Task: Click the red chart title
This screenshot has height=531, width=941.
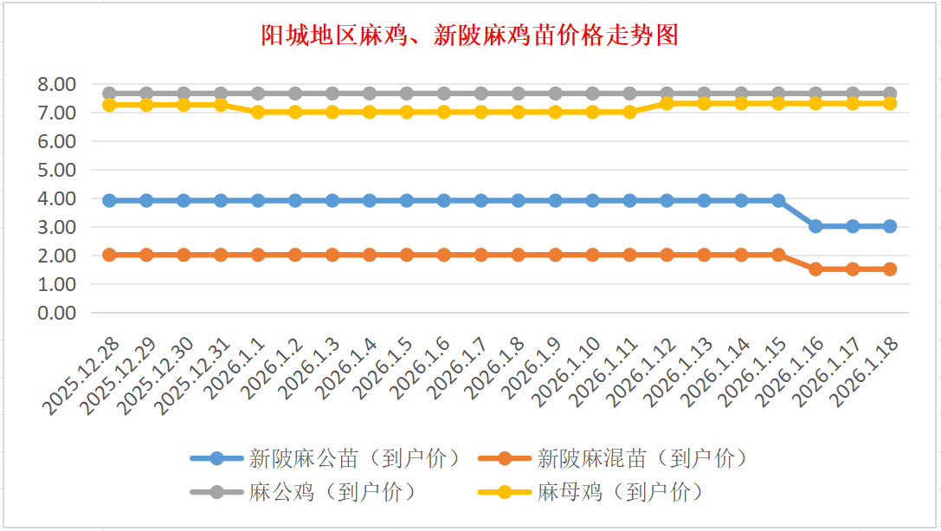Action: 469,36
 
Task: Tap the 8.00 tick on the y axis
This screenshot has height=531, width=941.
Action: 57,84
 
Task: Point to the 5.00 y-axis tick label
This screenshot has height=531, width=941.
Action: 57,170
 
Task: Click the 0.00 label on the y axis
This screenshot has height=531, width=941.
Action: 57,313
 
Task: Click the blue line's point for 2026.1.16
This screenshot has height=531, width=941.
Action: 815,226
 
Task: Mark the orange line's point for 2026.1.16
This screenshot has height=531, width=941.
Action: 815,269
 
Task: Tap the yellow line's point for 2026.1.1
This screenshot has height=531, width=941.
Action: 258,112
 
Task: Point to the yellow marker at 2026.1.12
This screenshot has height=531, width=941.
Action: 667,103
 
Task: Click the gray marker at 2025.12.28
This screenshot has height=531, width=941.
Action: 109,94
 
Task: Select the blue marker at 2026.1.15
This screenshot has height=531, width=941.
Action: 778,200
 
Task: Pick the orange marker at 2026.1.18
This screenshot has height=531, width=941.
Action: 890,269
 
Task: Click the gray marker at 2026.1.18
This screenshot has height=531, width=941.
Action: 890,94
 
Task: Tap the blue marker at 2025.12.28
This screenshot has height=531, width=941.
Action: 109,200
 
